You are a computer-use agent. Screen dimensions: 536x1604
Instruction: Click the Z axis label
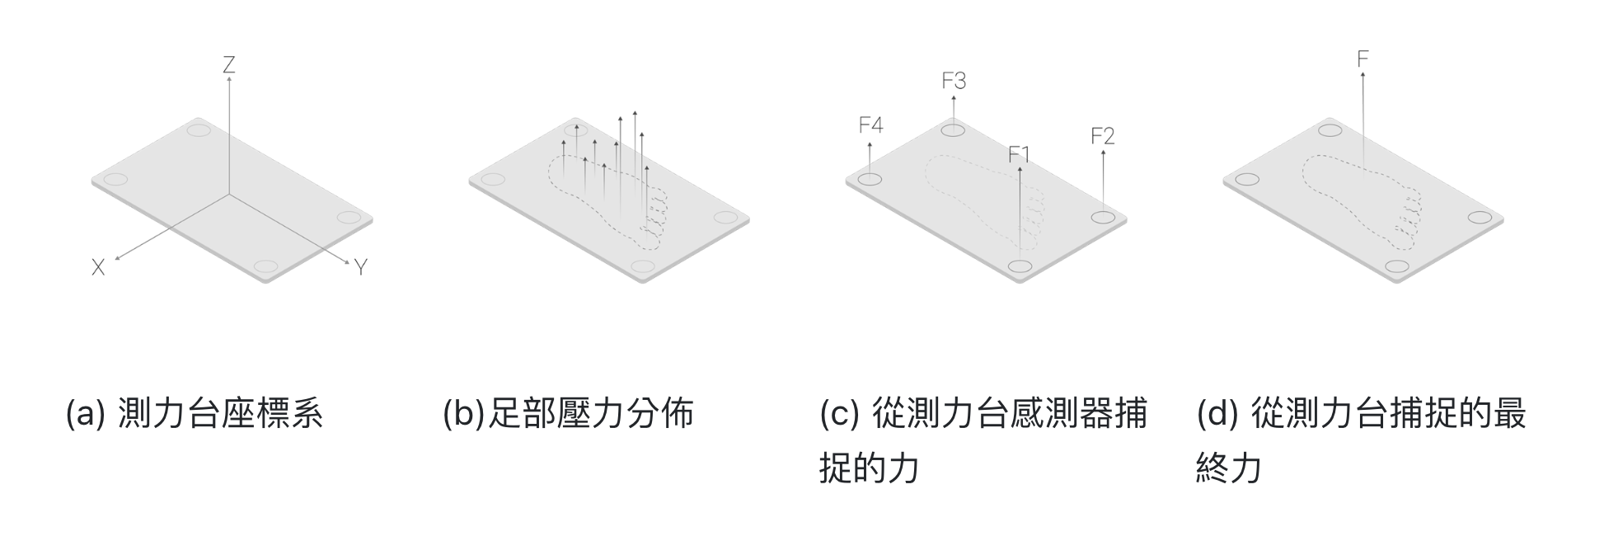click(x=229, y=64)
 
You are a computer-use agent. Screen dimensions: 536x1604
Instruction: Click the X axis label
click(x=98, y=267)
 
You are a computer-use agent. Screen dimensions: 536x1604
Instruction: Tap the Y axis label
click(x=360, y=267)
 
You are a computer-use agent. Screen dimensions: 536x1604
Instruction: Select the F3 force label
click(x=954, y=81)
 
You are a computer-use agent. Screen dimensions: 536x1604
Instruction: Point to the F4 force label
click(x=870, y=125)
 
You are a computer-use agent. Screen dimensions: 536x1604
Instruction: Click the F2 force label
click(x=1102, y=136)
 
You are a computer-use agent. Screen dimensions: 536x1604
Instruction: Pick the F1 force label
click(x=1019, y=154)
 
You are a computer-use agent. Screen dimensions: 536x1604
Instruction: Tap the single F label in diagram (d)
click(x=1362, y=59)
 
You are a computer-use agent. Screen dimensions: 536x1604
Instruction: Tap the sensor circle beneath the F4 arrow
click(x=870, y=180)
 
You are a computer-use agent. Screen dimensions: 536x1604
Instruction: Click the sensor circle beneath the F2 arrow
click(x=1103, y=218)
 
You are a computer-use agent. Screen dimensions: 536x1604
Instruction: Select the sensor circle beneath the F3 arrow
click(x=954, y=129)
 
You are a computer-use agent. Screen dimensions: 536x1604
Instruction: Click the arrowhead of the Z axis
click(x=229, y=78)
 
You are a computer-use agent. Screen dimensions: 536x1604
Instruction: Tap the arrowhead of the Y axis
click(x=349, y=262)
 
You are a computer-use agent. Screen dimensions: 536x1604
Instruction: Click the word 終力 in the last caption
click(x=1229, y=468)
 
